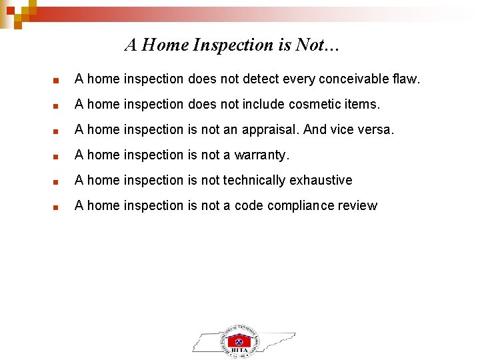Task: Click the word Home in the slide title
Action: pos(166,45)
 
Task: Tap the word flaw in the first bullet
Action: pos(405,79)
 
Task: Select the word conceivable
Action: pos(351,79)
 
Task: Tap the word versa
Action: pos(377,129)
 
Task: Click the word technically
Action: pos(254,180)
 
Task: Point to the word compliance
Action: pos(299,205)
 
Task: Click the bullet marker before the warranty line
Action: pos(57,156)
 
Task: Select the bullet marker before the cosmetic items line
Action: pos(57,105)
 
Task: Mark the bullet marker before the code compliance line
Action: pos(57,207)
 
